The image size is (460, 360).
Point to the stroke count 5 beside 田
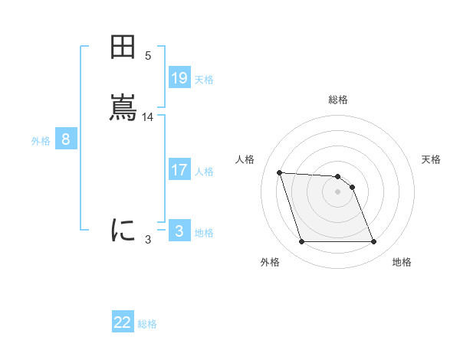pos(148,56)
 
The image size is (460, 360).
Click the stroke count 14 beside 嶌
pos(148,117)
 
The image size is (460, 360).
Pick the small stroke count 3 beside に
pos(148,240)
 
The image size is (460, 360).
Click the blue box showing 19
pos(179,78)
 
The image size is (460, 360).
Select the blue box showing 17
pos(179,170)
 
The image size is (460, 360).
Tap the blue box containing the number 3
pos(179,231)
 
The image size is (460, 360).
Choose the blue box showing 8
pos(66,139)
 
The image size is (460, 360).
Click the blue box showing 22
pos(123,322)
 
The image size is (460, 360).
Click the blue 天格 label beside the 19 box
pos(204,80)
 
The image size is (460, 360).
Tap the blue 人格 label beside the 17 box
pos(204,172)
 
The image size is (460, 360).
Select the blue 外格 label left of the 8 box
pos(41,141)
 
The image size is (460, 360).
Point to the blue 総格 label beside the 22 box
pos(147,324)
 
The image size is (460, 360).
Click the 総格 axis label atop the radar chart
pos(337,100)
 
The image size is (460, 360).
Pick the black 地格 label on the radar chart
pos(402,262)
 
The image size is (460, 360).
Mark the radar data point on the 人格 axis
pos(279,172)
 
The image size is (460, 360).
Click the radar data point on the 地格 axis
pos(373,242)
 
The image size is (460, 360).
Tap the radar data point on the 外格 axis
pos(301,242)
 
